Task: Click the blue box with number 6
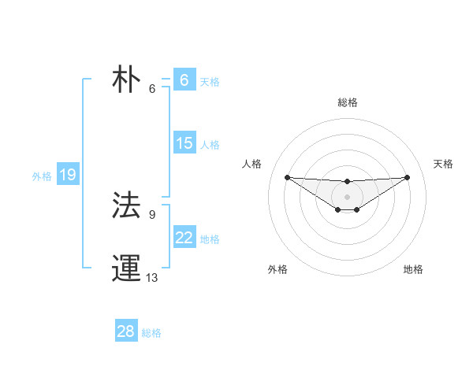[184, 80]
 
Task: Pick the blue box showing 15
[184, 143]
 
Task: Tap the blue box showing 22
[184, 238]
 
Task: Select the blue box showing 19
[67, 175]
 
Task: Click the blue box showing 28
[125, 331]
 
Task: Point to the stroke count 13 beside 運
[152, 277]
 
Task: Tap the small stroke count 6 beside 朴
[152, 88]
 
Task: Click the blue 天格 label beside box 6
[210, 81]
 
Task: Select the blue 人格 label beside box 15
[210, 145]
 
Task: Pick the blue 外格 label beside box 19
[42, 176]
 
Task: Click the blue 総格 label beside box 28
[151, 333]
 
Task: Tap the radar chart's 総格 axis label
[348, 102]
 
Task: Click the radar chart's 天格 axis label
[443, 164]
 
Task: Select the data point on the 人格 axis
[287, 177]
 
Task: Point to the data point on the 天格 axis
[407, 177]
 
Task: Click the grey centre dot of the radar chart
[347, 196]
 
